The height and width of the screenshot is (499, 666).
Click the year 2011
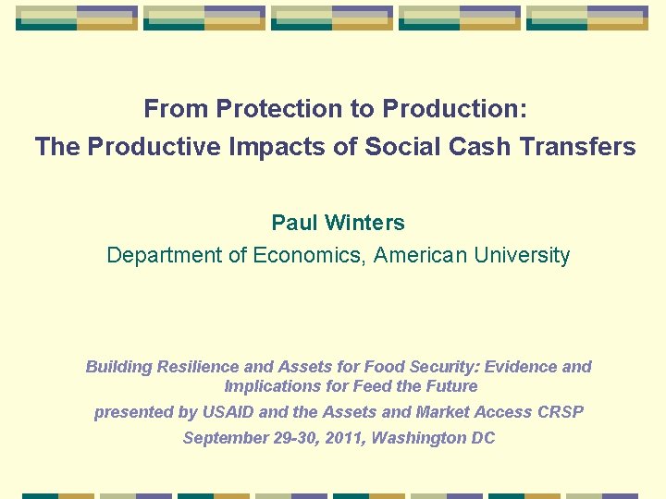[x=340, y=438]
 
